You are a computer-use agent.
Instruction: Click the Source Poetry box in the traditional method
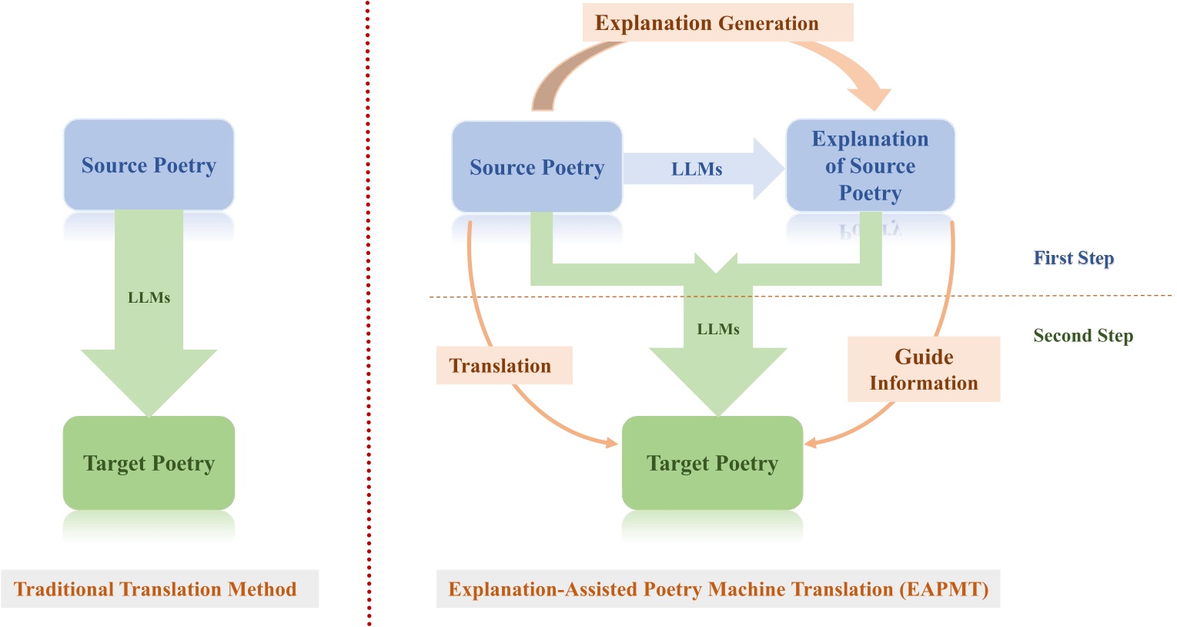click(x=149, y=165)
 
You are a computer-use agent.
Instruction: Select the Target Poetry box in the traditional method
click(x=149, y=463)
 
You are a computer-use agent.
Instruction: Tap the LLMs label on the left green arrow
click(x=149, y=298)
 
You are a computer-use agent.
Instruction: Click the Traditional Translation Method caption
click(x=155, y=589)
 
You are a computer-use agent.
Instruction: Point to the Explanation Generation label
click(x=706, y=23)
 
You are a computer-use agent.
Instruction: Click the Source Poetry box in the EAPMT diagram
click(x=537, y=167)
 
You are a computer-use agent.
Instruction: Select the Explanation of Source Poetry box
click(x=870, y=166)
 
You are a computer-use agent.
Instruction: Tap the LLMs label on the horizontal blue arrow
click(x=697, y=169)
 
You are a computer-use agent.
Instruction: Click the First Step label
click(x=1073, y=258)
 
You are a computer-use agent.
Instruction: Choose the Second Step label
click(x=1082, y=336)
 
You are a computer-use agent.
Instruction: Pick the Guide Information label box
click(x=923, y=370)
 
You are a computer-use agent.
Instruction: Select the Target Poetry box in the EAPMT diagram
click(x=712, y=463)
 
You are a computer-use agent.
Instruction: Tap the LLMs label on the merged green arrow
click(x=717, y=330)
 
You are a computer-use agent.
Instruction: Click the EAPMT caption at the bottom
click(x=717, y=589)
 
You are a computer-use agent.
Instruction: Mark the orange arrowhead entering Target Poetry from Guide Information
click(x=811, y=442)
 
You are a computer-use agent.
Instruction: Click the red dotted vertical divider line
click(x=368, y=308)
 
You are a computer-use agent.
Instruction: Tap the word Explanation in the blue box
click(x=870, y=139)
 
